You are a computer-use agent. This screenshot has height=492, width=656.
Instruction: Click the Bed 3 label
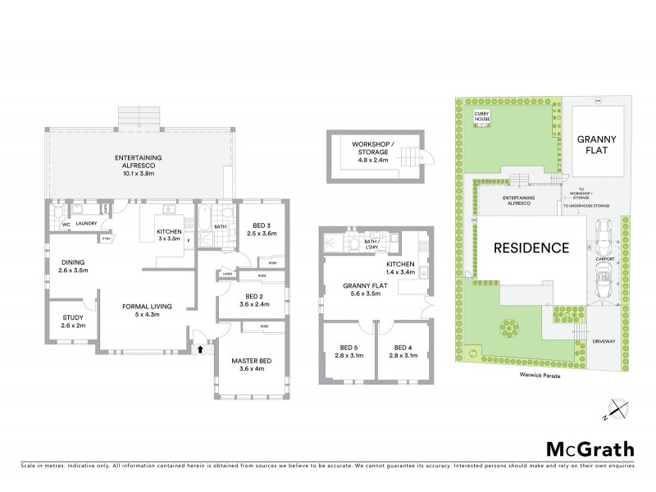[256, 230]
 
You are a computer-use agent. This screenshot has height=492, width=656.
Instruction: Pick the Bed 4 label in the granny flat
[405, 351]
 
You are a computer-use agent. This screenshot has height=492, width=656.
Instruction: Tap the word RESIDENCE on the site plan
[531, 248]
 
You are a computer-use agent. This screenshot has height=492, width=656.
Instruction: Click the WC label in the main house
[55, 223]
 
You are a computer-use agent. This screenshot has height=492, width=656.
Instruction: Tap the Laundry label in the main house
[87, 223]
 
